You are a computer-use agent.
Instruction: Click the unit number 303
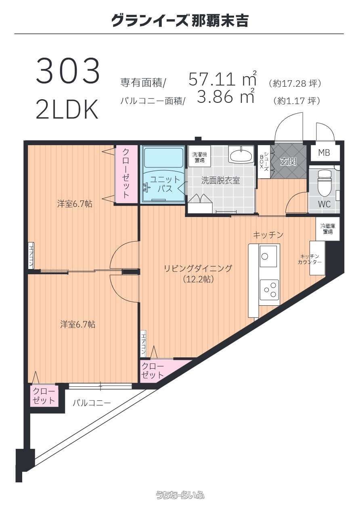pyautogui.click(x=68, y=71)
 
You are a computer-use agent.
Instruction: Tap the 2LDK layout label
pyautogui.click(x=67, y=110)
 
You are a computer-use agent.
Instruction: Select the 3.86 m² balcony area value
pyautogui.click(x=225, y=96)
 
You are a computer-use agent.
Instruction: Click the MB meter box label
pyautogui.click(x=324, y=153)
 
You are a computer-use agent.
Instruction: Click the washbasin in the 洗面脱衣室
pyautogui.click(x=241, y=155)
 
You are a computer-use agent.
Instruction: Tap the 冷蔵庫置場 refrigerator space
pyautogui.click(x=327, y=229)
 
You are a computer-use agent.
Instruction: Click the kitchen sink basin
pyautogui.click(x=268, y=256)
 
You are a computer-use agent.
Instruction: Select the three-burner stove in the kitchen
pyautogui.click(x=270, y=292)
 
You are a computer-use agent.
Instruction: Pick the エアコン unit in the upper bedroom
pyautogui.click(x=31, y=255)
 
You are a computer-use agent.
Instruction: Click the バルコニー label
pyautogui.click(x=92, y=403)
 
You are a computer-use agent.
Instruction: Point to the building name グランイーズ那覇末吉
pyautogui.click(x=180, y=21)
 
